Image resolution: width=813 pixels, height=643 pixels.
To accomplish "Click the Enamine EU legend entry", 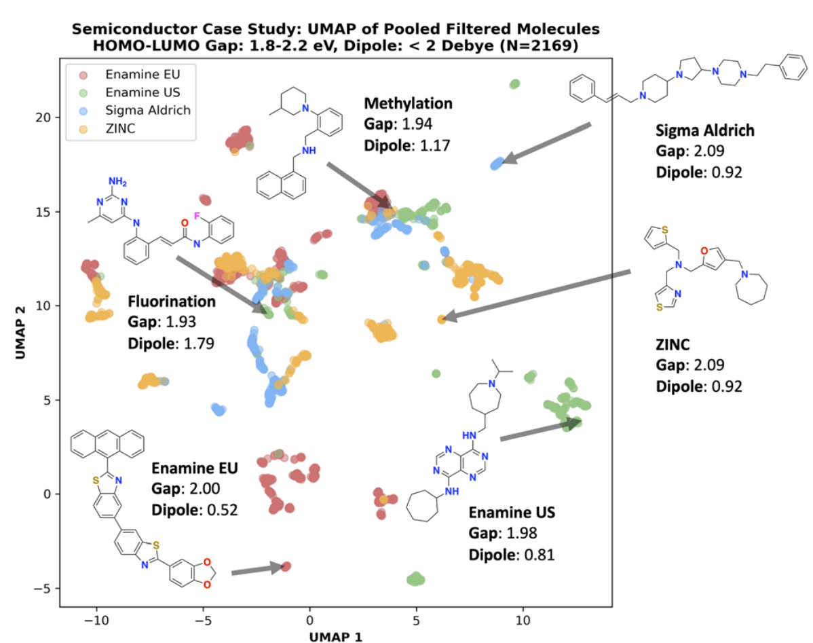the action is point(130,74).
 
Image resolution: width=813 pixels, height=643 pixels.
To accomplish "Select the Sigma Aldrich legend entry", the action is point(135,110).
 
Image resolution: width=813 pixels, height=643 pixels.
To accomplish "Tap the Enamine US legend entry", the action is point(130,92).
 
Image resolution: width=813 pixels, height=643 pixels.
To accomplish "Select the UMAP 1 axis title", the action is point(335,637).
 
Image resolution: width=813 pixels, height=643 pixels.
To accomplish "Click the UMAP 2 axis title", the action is point(20,332).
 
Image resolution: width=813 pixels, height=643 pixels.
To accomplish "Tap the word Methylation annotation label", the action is point(408,103).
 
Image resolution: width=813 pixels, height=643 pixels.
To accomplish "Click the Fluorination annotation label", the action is point(172,301).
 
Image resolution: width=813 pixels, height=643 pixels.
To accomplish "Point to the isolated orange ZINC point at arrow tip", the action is point(441,319).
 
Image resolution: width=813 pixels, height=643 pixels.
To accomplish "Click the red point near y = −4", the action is point(286,566).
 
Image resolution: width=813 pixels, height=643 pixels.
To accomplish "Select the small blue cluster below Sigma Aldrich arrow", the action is point(497,164).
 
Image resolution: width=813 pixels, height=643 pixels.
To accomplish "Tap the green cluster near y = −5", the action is point(415,579).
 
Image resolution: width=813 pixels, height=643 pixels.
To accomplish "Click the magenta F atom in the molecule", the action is point(197,216).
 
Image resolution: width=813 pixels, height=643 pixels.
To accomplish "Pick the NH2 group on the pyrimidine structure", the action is point(117,182).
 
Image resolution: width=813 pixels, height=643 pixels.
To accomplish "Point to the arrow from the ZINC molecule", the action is point(537,294).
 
